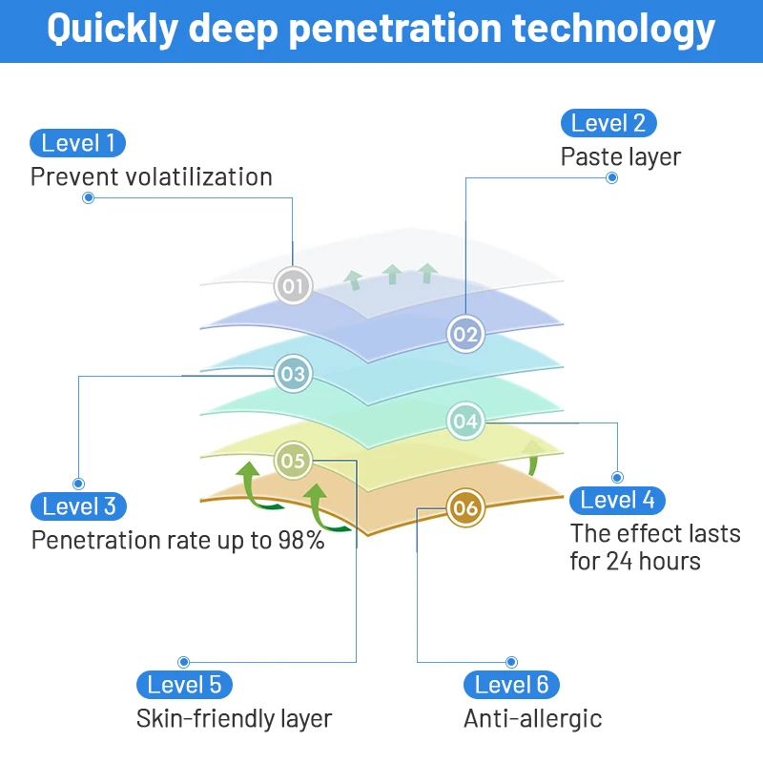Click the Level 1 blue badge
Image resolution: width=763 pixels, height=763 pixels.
[x=78, y=144]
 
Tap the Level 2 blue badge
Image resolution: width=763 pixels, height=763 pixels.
[x=608, y=123]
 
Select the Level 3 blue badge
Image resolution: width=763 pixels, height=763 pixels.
[x=79, y=506]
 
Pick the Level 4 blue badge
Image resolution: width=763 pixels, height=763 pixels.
[x=618, y=500]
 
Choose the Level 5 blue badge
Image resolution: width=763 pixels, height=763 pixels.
[x=185, y=685]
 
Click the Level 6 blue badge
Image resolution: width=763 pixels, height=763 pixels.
[x=512, y=685]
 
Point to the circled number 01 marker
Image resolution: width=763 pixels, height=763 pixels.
[x=293, y=285]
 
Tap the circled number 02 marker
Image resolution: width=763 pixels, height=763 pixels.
[x=465, y=334]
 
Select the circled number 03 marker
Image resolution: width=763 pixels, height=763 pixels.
[x=293, y=374]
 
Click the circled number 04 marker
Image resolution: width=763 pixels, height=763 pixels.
[x=465, y=421]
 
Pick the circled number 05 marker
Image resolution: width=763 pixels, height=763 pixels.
[x=293, y=462]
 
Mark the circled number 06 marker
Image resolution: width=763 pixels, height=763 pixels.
[x=465, y=508]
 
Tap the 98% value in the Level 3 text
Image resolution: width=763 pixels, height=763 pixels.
[x=301, y=541]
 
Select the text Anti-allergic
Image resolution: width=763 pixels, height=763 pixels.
[x=533, y=718]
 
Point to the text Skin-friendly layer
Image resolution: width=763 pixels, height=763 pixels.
[x=235, y=718]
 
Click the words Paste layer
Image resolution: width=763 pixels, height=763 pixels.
[x=621, y=156]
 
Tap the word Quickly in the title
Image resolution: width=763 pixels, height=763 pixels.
[x=113, y=30]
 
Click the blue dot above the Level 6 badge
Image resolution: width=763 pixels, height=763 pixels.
[x=511, y=662]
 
